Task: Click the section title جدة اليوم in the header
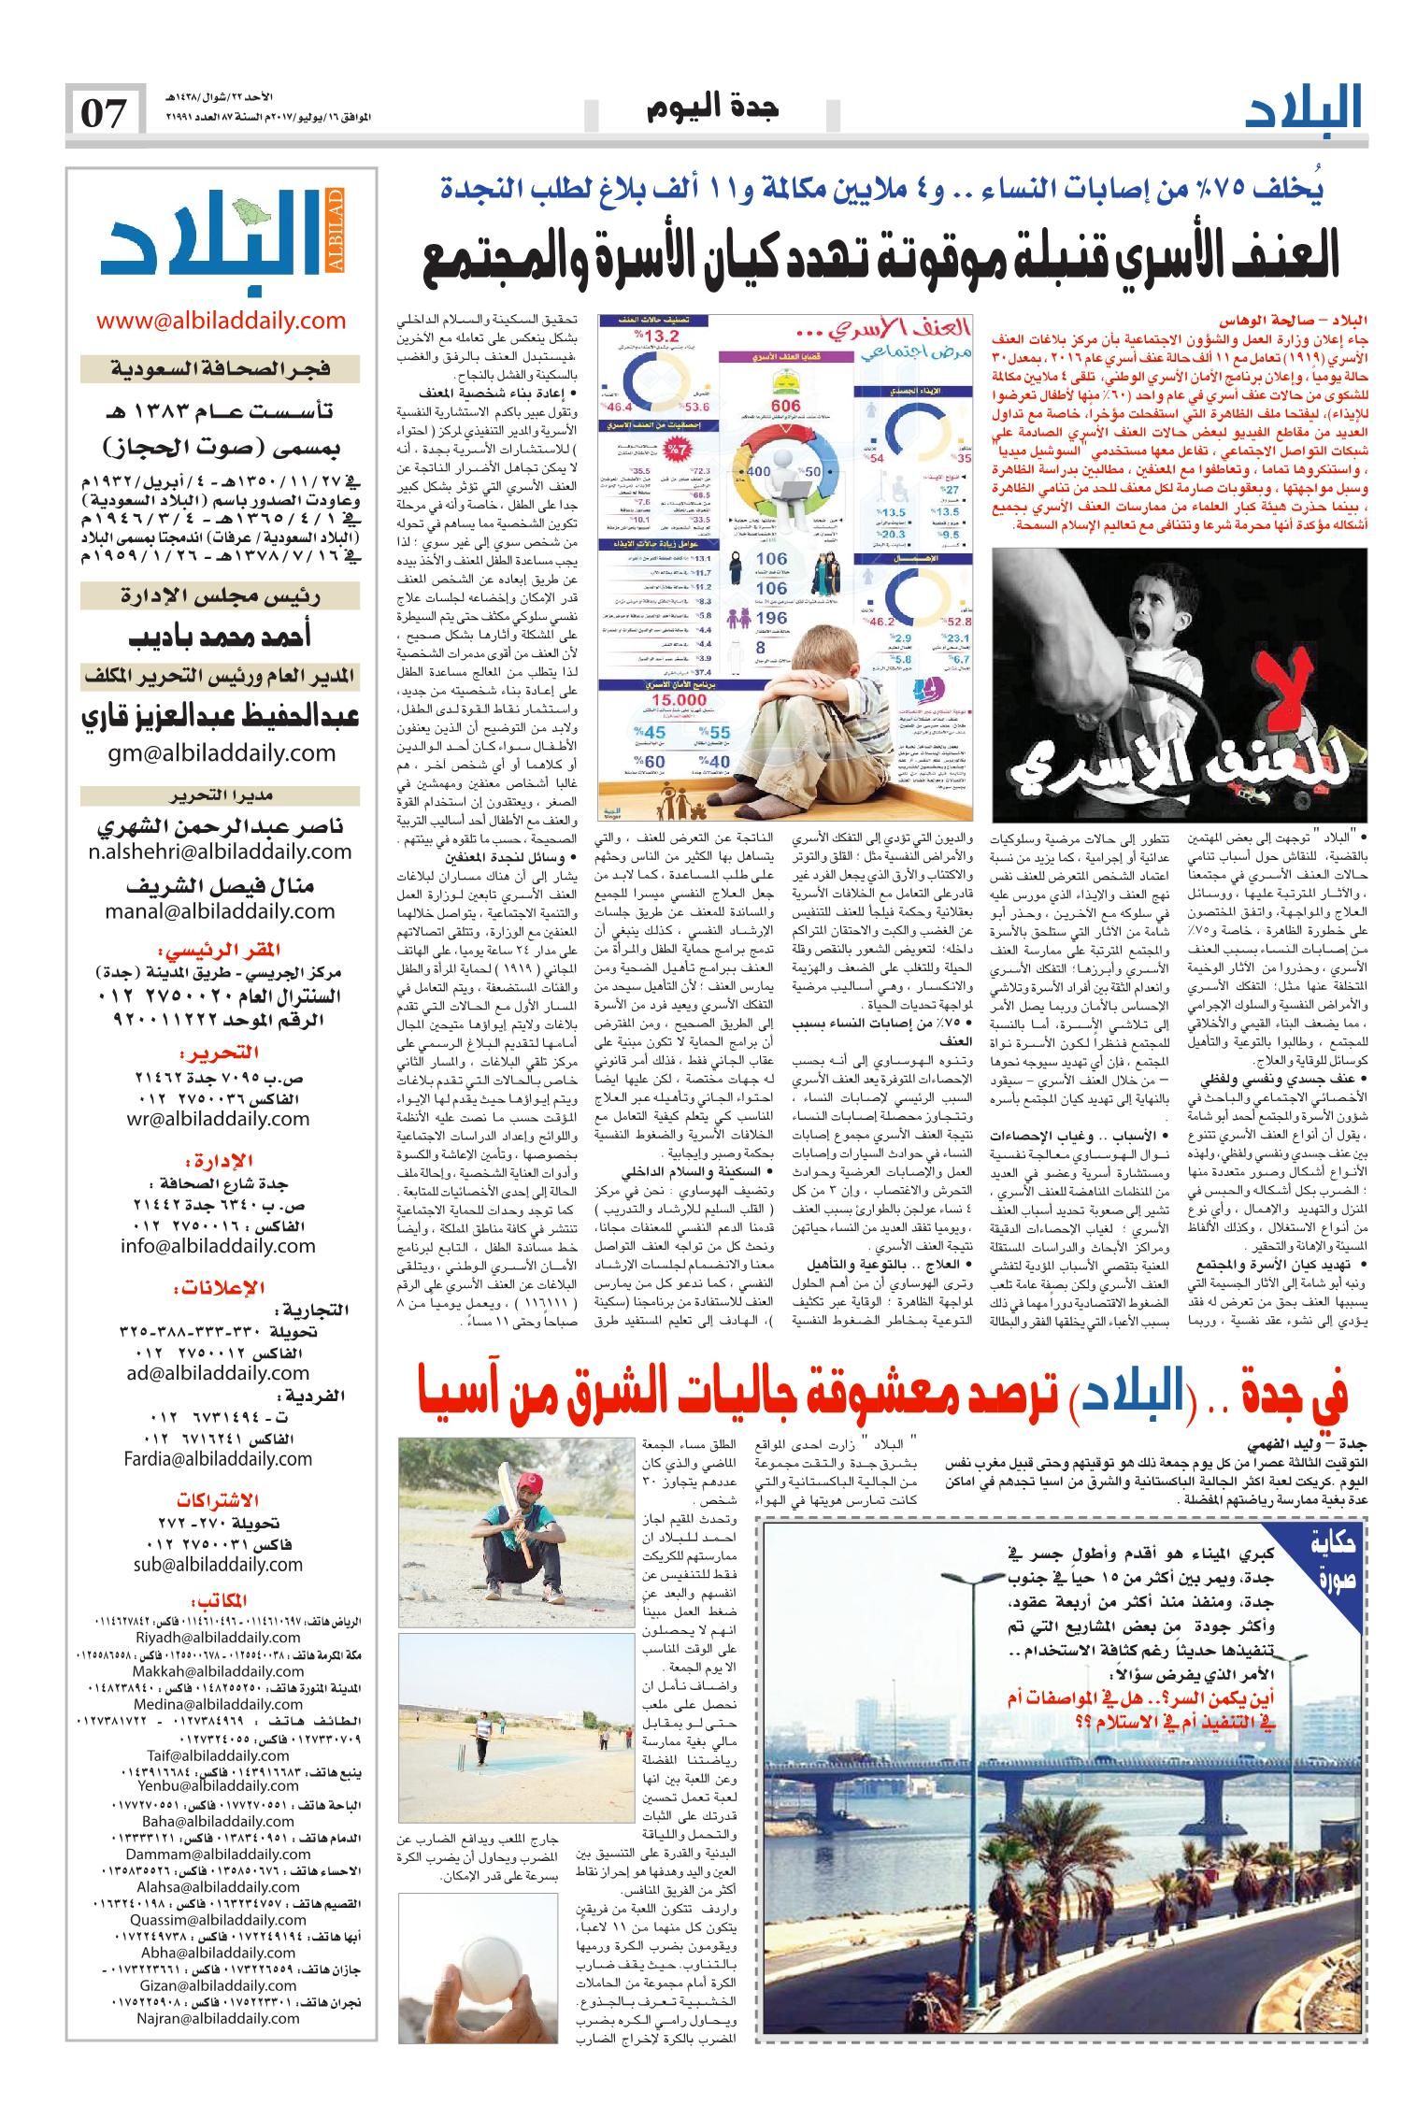tap(712, 109)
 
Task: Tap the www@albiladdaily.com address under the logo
tap(221, 321)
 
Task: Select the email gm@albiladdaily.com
tap(221, 752)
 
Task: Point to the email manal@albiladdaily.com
tap(221, 909)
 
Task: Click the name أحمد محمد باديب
tap(221, 635)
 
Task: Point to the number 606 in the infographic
tap(787, 405)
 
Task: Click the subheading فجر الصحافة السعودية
tap(221, 370)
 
